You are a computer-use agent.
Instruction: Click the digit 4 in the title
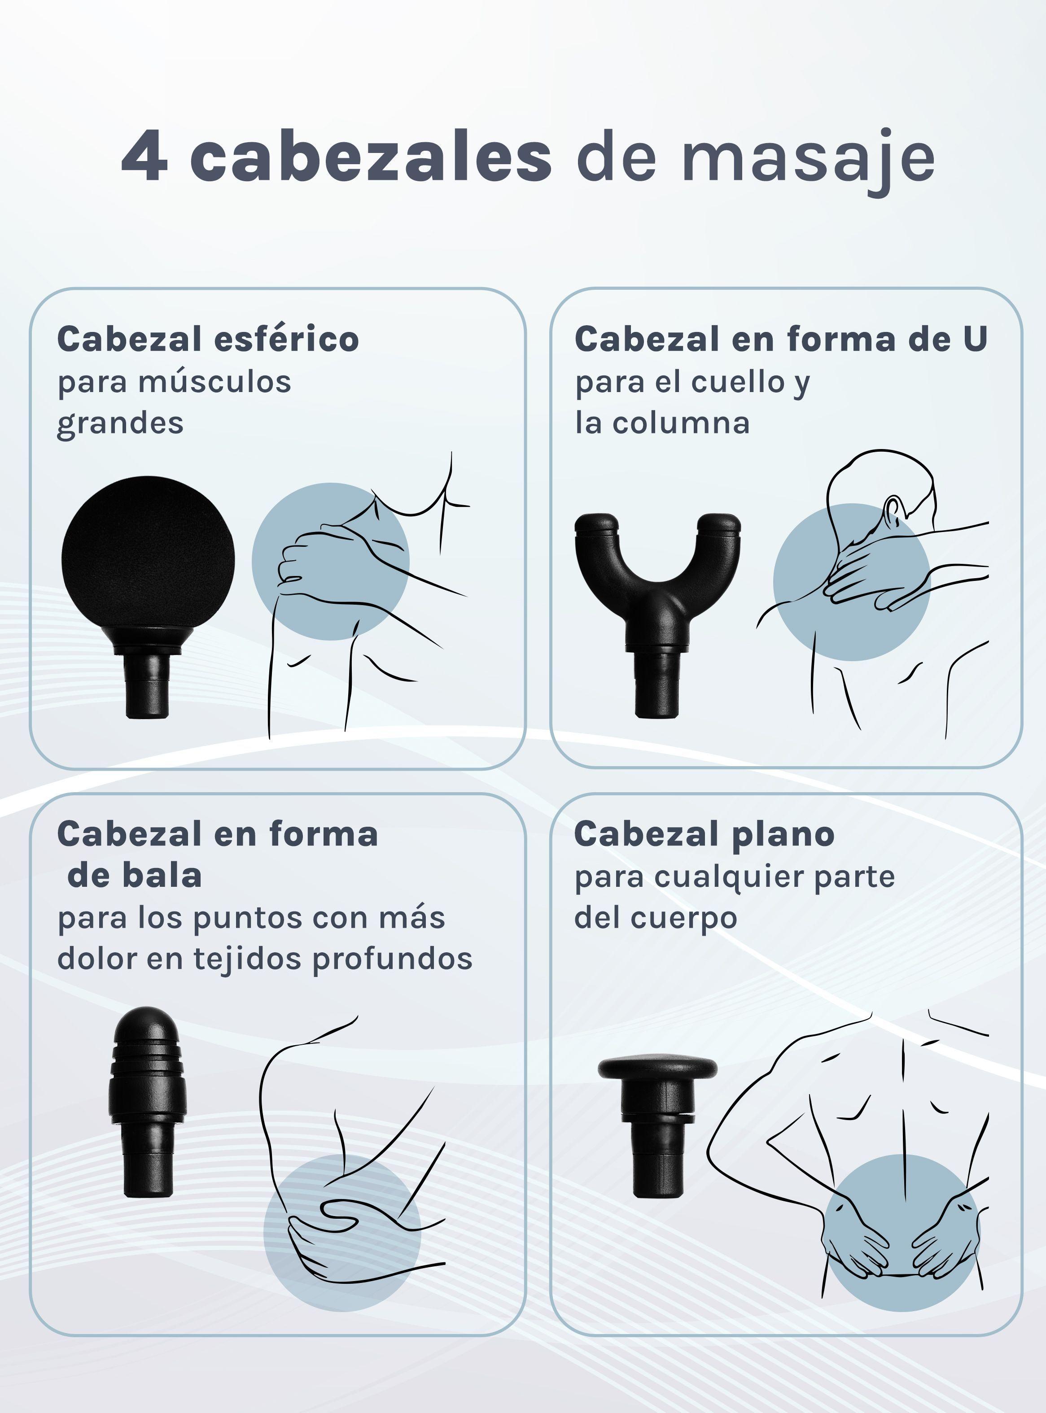point(144,157)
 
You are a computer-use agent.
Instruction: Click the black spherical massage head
point(148,557)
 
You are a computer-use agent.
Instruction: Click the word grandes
point(120,423)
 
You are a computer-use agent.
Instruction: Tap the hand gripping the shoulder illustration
point(317,560)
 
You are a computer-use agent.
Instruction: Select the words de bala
point(134,876)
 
